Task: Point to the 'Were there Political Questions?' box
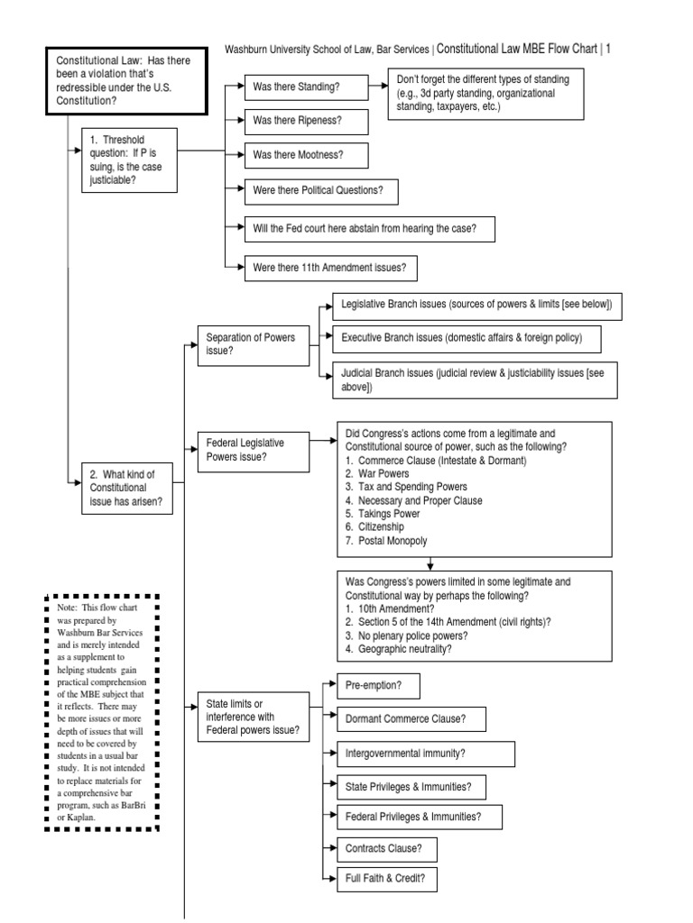click(x=320, y=191)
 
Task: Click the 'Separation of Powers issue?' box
click(x=250, y=345)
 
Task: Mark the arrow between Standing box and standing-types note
click(x=377, y=87)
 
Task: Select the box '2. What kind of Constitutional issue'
click(x=126, y=489)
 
